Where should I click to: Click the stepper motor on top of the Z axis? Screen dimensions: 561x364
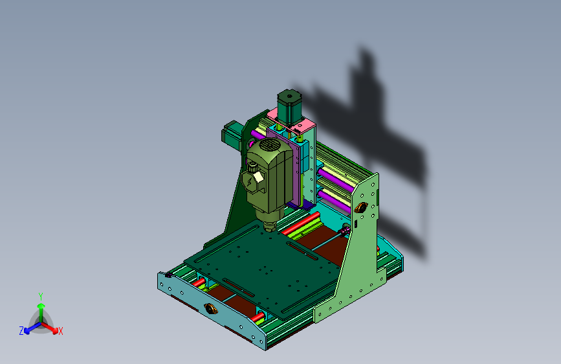289,106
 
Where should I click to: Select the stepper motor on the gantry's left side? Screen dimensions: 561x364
232,135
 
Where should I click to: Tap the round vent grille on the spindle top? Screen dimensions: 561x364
269,144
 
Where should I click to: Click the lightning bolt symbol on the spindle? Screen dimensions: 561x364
250,183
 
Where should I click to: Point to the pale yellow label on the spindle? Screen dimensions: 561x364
258,176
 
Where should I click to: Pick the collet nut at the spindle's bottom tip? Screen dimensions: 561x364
269,227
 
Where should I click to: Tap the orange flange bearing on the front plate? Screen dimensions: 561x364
211,308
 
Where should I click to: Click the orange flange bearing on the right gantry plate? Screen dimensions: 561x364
360,207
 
